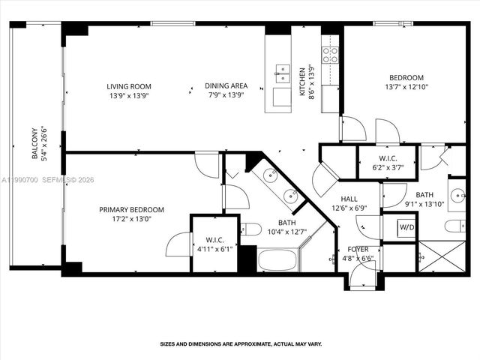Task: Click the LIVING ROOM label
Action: click(x=124, y=85)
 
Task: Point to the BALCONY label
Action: click(x=35, y=145)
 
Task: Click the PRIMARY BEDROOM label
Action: click(x=131, y=210)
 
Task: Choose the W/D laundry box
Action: click(x=406, y=226)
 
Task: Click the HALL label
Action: click(x=349, y=199)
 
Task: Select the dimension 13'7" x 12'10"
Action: click(x=406, y=87)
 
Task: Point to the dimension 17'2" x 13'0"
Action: click(x=131, y=219)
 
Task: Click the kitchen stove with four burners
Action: click(x=330, y=55)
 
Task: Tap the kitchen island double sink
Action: click(x=283, y=73)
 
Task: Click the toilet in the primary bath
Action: click(x=251, y=229)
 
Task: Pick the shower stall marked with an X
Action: click(x=441, y=256)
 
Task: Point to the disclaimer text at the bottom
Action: click(x=240, y=344)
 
